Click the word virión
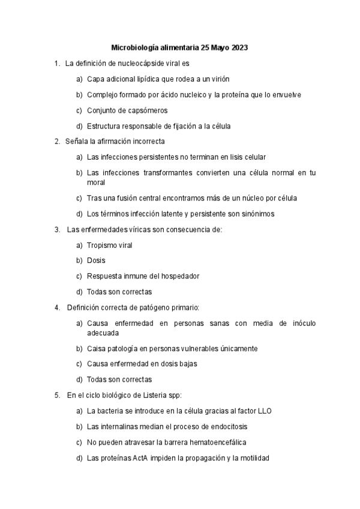(219, 79)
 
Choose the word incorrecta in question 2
(148, 141)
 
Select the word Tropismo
(101, 245)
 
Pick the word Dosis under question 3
(96, 261)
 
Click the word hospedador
(178, 276)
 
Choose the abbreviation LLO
(265, 411)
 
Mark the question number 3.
(56, 229)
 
